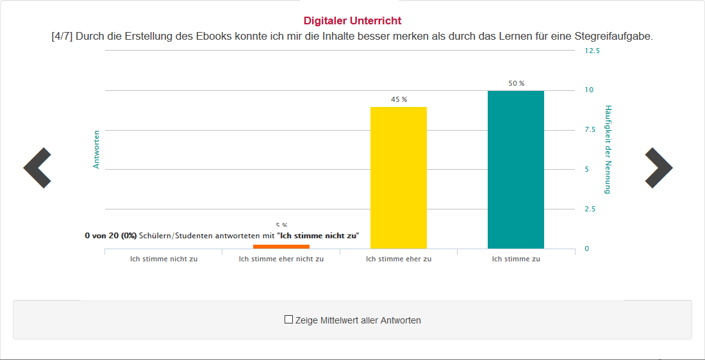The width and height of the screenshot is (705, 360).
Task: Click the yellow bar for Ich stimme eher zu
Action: [399, 177]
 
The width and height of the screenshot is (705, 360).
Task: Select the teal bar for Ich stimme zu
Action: [515, 169]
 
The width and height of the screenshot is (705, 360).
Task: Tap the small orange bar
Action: [281, 247]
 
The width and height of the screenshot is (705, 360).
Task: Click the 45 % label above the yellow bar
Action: [399, 99]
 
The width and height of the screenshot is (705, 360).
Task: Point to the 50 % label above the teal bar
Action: [516, 83]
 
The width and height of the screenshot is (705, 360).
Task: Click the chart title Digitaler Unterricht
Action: [352, 21]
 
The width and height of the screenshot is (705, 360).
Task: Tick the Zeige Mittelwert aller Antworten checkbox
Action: [288, 320]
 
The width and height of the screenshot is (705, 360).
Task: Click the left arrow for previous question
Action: [37, 168]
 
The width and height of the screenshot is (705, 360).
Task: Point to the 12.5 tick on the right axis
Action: [592, 51]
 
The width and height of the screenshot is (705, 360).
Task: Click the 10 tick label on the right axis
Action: [588, 90]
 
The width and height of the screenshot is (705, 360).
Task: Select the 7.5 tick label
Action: [590, 129]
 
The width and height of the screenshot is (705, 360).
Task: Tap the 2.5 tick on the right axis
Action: [590, 209]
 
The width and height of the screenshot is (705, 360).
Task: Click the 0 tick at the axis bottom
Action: [586, 249]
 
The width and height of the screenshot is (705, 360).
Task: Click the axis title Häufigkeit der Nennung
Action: [608, 149]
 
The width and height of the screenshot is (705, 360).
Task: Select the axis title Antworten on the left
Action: [97, 149]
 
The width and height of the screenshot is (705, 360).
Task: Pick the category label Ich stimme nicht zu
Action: [163, 259]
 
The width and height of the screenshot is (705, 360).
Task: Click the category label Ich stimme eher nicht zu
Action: [281, 259]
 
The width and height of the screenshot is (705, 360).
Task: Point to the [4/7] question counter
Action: [62, 36]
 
